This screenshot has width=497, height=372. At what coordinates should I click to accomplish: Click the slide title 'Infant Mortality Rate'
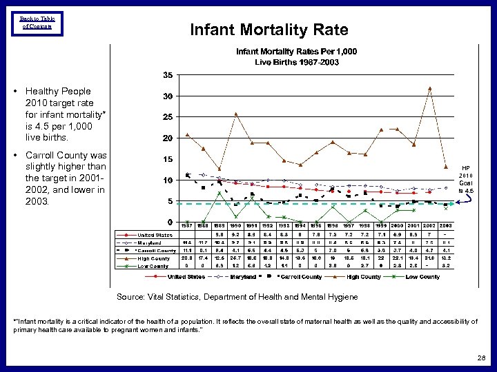269,30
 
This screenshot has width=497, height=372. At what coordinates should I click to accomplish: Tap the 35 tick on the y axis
168,74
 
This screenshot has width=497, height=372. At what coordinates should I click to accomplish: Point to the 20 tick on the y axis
168,138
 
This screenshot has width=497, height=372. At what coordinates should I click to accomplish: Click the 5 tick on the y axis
170,201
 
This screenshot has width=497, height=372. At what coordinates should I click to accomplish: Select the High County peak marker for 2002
429,88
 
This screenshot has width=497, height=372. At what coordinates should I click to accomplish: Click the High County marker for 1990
236,114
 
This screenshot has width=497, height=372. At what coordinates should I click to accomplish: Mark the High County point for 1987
187,134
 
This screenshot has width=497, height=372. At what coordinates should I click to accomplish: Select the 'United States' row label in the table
155,235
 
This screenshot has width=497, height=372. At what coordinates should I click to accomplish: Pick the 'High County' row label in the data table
153,258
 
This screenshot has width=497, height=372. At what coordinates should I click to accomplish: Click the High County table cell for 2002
429,258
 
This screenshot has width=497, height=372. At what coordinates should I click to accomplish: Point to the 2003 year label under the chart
446,226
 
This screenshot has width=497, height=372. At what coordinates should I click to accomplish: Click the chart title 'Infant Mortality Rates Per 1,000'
297,52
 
